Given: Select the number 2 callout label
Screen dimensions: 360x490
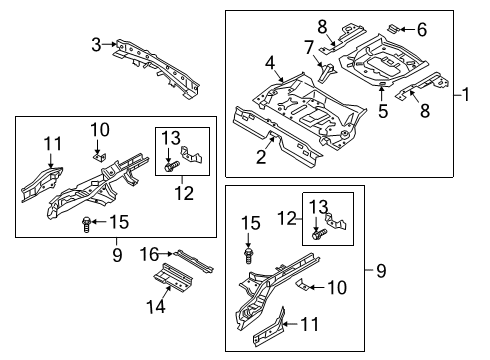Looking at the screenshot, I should tap(262, 155).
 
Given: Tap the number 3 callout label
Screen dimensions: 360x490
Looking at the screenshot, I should tap(96, 43).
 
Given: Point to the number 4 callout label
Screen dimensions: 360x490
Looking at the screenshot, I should tap(269, 65).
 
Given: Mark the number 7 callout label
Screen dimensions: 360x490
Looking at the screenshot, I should tap(308, 46).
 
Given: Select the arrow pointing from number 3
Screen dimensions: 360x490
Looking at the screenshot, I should tap(109, 43).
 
